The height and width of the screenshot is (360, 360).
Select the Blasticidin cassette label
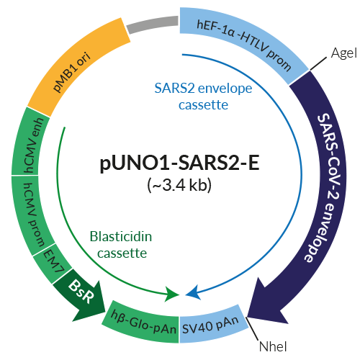pos(119,244)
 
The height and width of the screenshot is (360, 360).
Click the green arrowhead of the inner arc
pos(173,293)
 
